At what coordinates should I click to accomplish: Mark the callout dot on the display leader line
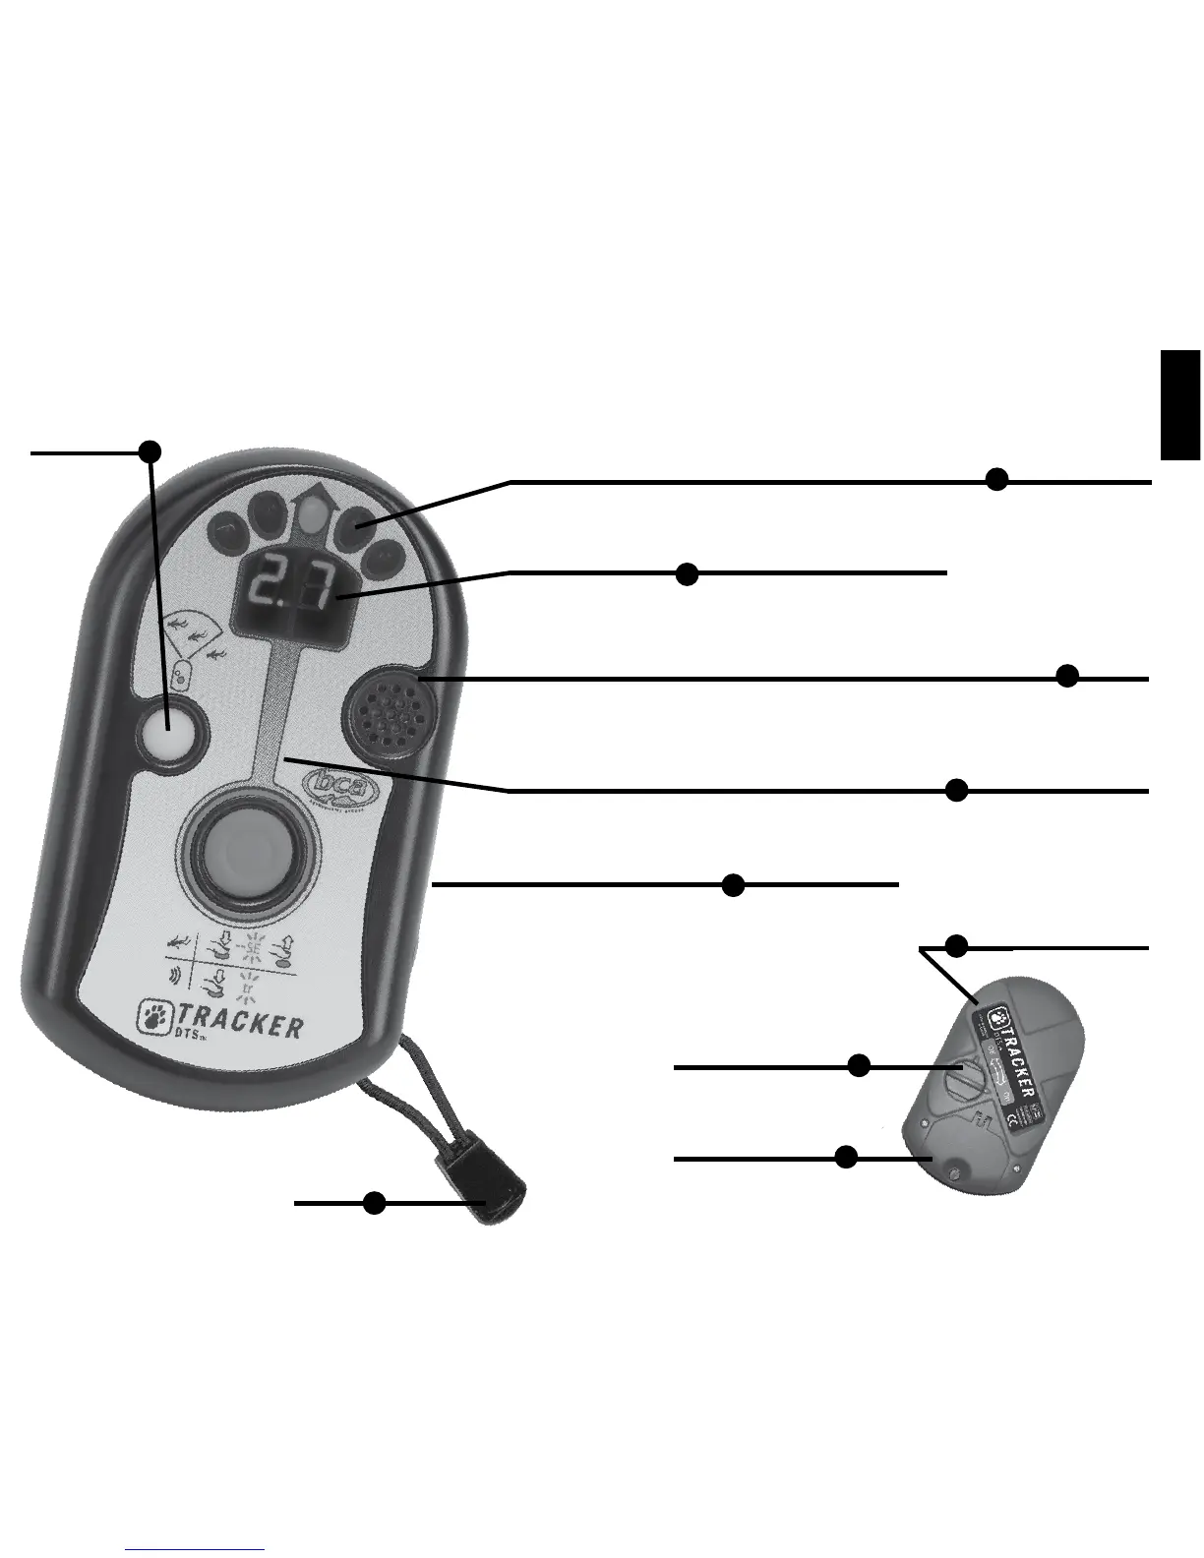pos(688,574)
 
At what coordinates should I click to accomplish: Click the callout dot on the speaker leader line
pos(1067,677)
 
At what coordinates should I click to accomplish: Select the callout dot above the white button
pos(150,451)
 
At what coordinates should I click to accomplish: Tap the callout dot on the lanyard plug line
pos(374,1202)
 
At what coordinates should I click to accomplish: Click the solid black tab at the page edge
pos(1180,404)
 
